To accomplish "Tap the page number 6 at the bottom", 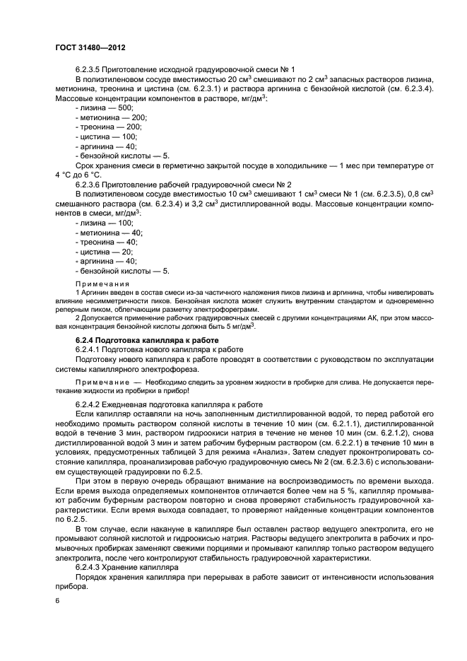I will point(57,599).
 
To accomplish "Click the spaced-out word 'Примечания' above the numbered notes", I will point(97,282).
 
